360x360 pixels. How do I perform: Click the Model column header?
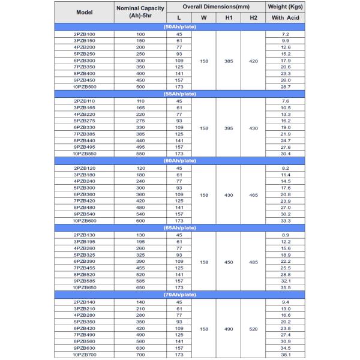pos(83,12)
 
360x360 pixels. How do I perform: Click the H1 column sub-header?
pos(229,18)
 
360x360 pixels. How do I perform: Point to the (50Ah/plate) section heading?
pos(179,27)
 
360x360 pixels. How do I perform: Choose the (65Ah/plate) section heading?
pos(179,228)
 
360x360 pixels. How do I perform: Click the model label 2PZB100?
pos(84,34)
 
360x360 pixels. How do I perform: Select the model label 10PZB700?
pos(84,355)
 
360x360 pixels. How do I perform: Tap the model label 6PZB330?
pos(84,127)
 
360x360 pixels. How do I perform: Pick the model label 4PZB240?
pos(84,181)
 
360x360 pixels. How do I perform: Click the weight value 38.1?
pos(286,355)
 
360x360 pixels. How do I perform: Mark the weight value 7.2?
pos(286,34)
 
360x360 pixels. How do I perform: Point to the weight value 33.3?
pos(286,221)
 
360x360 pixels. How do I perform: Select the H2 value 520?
pos(253,329)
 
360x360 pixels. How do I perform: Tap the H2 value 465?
pos(253,194)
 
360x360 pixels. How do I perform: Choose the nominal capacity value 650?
pos(140,288)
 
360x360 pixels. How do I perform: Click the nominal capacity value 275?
pos(140,121)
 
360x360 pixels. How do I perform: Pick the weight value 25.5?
pos(286,268)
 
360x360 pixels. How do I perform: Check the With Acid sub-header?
pos(286,18)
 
